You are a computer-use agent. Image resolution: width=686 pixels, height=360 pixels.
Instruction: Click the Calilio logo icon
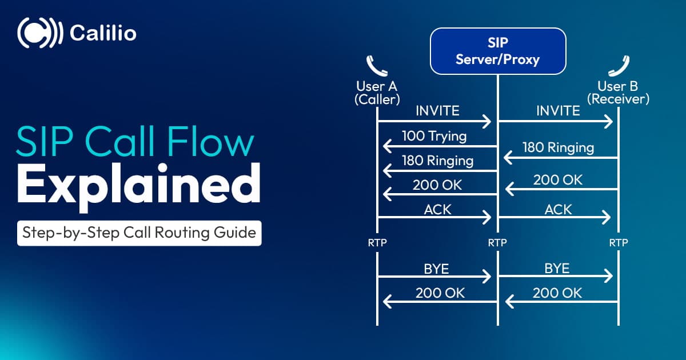(x=39, y=33)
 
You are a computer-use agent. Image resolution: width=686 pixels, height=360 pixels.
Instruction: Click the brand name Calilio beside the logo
(x=103, y=33)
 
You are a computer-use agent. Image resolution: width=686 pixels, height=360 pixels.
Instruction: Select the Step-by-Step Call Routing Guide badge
(x=139, y=233)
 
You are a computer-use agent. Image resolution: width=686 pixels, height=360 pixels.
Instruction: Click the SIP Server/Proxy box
(x=497, y=51)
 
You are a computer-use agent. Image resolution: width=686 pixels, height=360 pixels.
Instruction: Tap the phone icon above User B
(x=618, y=65)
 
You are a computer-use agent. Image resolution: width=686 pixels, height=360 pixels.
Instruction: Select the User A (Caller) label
(x=377, y=93)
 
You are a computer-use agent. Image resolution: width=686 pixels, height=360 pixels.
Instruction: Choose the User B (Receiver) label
(x=618, y=93)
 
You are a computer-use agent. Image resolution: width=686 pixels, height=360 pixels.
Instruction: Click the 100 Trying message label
(x=434, y=136)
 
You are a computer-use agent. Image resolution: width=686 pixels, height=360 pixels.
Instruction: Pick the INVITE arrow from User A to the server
(x=434, y=121)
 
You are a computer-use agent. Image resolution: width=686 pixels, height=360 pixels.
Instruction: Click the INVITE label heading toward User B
(x=558, y=110)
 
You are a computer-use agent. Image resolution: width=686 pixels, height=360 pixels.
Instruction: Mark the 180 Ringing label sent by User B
(x=558, y=147)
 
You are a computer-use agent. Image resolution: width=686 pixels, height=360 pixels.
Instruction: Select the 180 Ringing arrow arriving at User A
(x=438, y=170)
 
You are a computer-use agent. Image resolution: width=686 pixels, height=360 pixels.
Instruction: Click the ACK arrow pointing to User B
(x=555, y=217)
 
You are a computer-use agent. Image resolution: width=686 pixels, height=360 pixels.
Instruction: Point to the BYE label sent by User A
(x=436, y=269)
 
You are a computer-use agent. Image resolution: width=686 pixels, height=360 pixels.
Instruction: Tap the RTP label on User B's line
(x=618, y=243)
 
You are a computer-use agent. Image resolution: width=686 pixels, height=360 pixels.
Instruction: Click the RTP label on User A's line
(x=377, y=243)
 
